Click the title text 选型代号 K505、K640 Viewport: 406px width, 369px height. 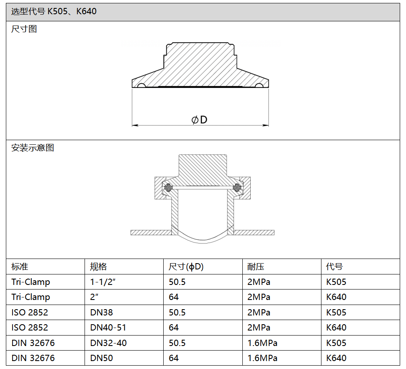tap(54, 11)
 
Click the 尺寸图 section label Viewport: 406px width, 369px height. tap(24, 29)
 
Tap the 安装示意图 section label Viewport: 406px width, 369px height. tap(33, 148)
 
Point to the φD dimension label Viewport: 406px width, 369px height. tap(199, 120)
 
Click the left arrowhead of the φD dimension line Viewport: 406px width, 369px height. tap(135, 126)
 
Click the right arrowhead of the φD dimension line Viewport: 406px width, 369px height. tap(266, 126)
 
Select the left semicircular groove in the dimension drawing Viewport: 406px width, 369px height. tap(141, 85)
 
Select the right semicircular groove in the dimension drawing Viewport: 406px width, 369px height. tap(259, 85)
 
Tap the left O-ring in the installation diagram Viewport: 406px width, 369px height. tap(169, 187)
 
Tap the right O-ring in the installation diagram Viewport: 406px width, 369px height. tap(236, 187)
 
